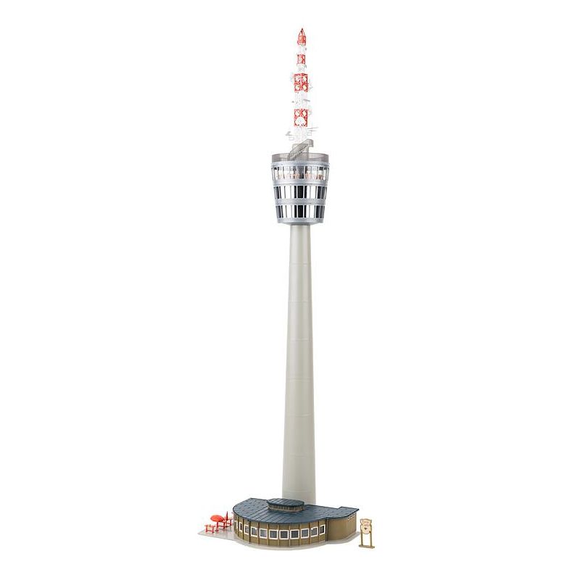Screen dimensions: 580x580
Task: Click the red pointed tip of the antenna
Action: coord(301,30)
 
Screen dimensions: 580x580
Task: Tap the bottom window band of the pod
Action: coord(298,212)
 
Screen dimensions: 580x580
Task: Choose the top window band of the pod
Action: coord(298,174)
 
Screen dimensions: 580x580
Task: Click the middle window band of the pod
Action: coord(298,193)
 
